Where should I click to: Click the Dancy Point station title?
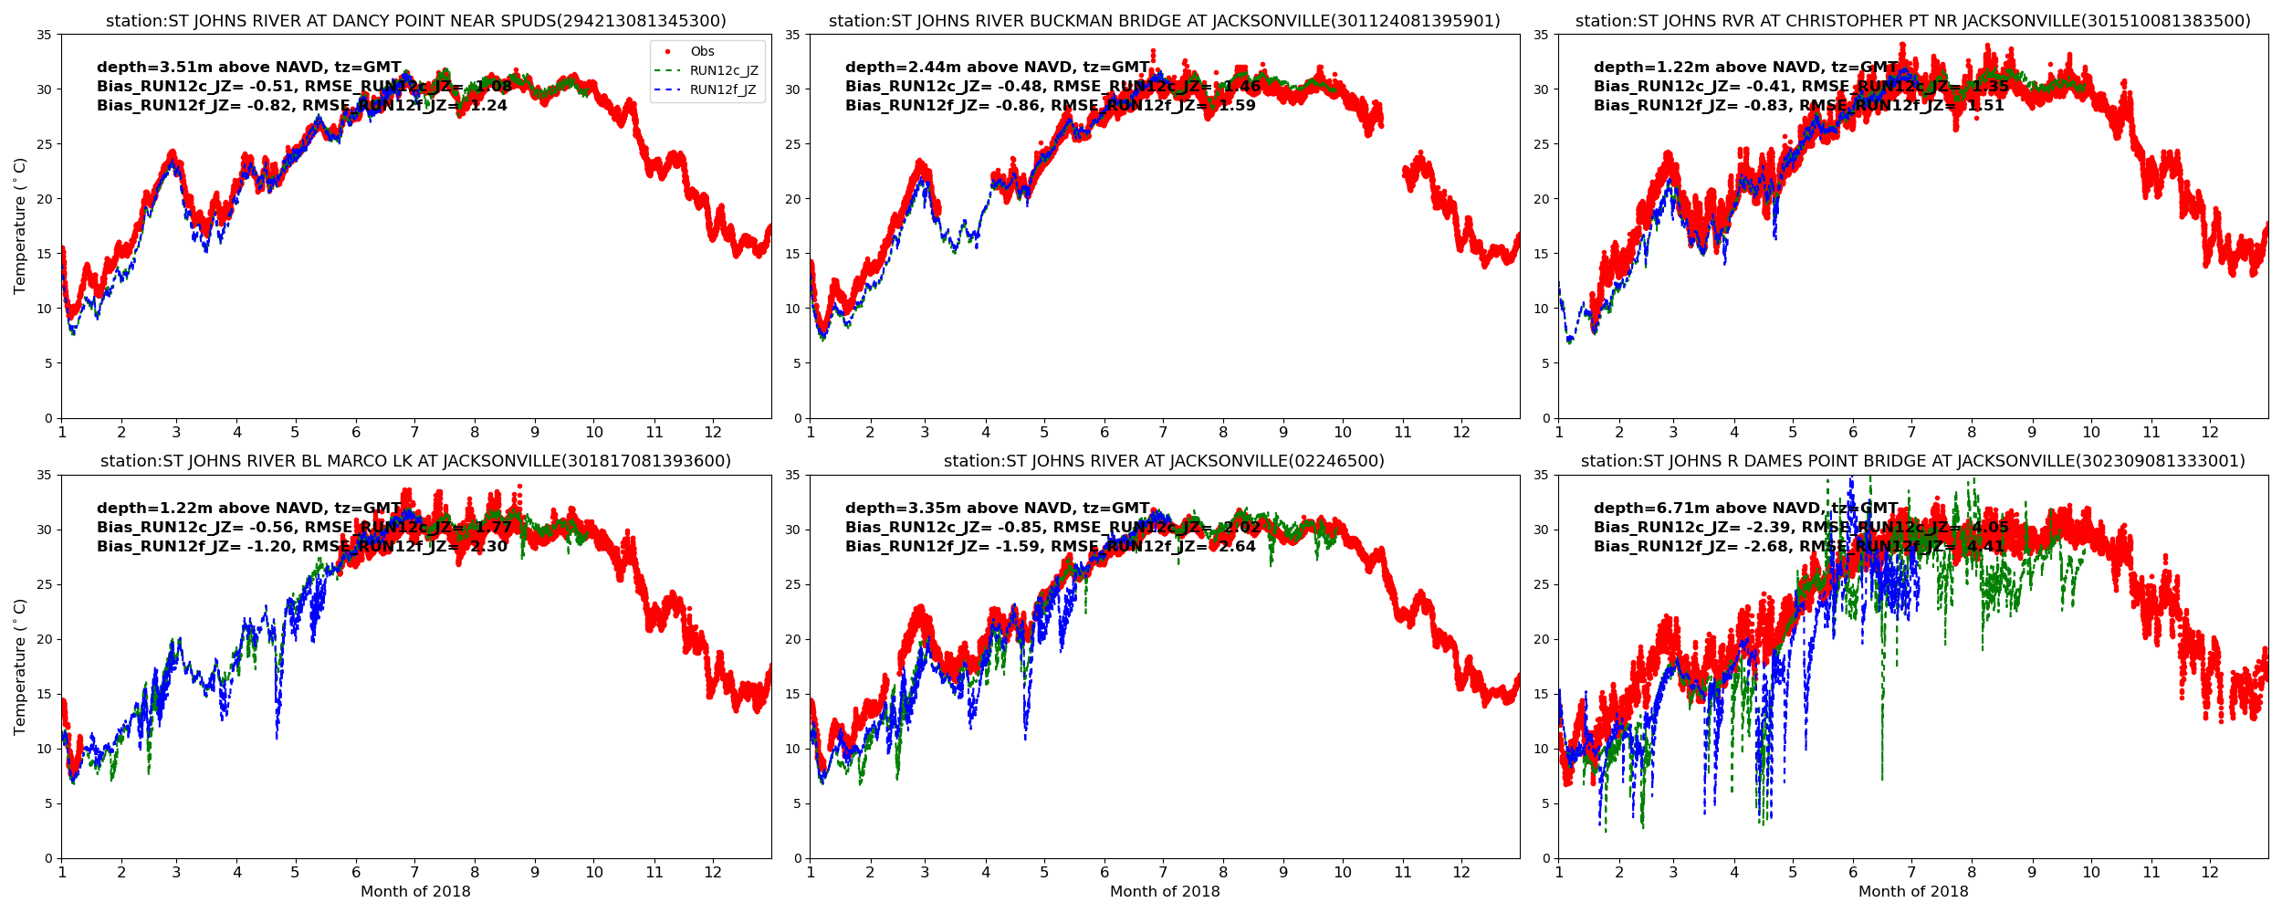point(416,21)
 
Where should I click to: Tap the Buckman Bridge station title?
point(1164,21)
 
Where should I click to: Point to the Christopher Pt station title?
point(1913,21)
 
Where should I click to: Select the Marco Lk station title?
point(416,462)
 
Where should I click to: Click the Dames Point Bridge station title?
point(1913,462)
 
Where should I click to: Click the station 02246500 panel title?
point(1164,462)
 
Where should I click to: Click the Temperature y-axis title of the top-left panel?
point(20,226)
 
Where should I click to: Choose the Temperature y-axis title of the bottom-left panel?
point(20,666)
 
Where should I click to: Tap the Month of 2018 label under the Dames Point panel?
point(1913,892)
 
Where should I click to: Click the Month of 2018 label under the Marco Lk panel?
point(416,892)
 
